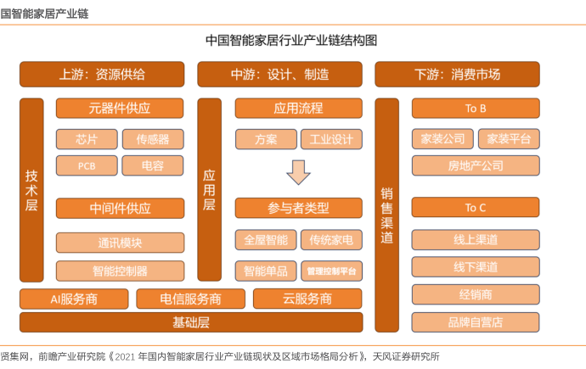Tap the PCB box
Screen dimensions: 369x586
[86, 165]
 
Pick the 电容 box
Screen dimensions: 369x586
[152, 165]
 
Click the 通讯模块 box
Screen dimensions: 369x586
[120, 243]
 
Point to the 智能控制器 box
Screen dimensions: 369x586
[120, 271]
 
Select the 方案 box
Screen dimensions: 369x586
[265, 139]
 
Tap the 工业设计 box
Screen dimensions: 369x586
[331, 139]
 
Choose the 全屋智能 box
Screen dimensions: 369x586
[265, 240]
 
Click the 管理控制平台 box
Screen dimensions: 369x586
[331, 271]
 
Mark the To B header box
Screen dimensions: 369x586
[476, 109]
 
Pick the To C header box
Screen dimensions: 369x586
[476, 207]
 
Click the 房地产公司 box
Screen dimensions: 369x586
[476, 165]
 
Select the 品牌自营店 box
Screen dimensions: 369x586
[476, 322]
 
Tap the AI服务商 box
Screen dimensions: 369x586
[74, 299]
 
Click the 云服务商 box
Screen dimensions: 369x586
[307, 299]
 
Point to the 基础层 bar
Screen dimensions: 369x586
[191, 322]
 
